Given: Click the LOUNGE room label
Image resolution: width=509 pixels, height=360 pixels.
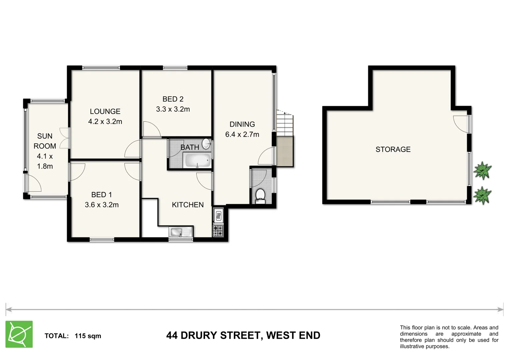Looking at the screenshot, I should click(105, 111).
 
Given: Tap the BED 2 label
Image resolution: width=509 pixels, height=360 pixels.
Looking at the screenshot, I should click(173, 99).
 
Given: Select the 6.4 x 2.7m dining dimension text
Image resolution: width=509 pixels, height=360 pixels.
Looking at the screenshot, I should click(242, 134).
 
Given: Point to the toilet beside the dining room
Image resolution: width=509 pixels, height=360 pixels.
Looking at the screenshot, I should click(260, 196).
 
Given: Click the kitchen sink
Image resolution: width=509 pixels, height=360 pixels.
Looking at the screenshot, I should click(181, 231).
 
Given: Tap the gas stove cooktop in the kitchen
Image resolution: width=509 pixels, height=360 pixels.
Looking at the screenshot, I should click(218, 231).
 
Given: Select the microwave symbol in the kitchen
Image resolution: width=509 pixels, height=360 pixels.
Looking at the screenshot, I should click(218, 216).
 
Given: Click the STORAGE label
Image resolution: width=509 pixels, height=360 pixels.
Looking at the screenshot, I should click(393, 149).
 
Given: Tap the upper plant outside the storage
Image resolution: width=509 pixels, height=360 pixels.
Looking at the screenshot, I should click(482, 170).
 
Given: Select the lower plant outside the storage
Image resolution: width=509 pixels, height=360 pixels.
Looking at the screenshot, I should click(482, 195).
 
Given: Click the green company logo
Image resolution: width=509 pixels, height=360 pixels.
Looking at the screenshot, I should click(19, 334).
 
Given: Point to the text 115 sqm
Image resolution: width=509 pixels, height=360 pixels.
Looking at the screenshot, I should click(88, 336).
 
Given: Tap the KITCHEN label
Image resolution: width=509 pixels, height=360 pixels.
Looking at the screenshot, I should click(188, 205).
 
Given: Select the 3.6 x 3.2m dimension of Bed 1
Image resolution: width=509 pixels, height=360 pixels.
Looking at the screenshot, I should click(102, 205).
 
